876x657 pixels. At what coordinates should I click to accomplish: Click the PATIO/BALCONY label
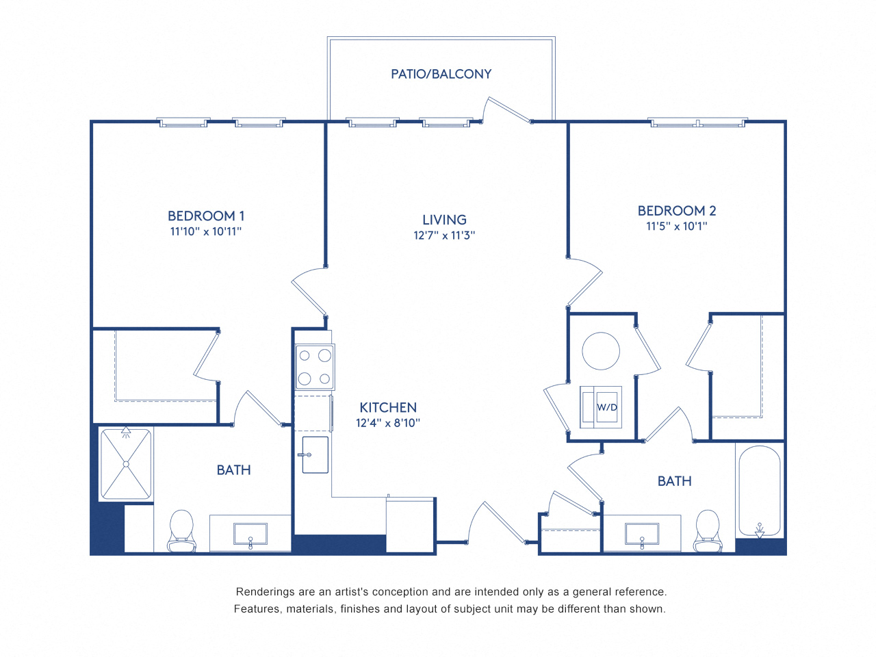tap(441, 74)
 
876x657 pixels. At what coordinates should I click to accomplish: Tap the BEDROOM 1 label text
tap(205, 216)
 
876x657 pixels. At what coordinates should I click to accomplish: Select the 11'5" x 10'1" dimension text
tap(676, 227)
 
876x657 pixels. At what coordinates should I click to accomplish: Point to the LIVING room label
tap(444, 220)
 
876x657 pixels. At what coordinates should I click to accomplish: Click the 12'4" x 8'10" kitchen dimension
tap(387, 423)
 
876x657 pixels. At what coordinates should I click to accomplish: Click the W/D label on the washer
tap(606, 407)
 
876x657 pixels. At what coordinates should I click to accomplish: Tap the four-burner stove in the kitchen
tap(315, 368)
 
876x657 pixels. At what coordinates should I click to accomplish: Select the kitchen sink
tap(315, 455)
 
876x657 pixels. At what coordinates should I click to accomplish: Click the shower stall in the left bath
tap(126, 464)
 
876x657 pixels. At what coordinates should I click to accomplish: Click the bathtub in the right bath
tap(759, 491)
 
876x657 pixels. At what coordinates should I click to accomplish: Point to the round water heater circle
tap(601, 350)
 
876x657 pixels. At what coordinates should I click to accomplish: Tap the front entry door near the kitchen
tap(495, 524)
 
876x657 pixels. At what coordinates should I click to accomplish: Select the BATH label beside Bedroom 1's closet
tap(233, 470)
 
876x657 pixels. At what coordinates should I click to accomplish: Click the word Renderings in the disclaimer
tap(265, 592)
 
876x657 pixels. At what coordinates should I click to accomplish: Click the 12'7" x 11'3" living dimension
tap(444, 235)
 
